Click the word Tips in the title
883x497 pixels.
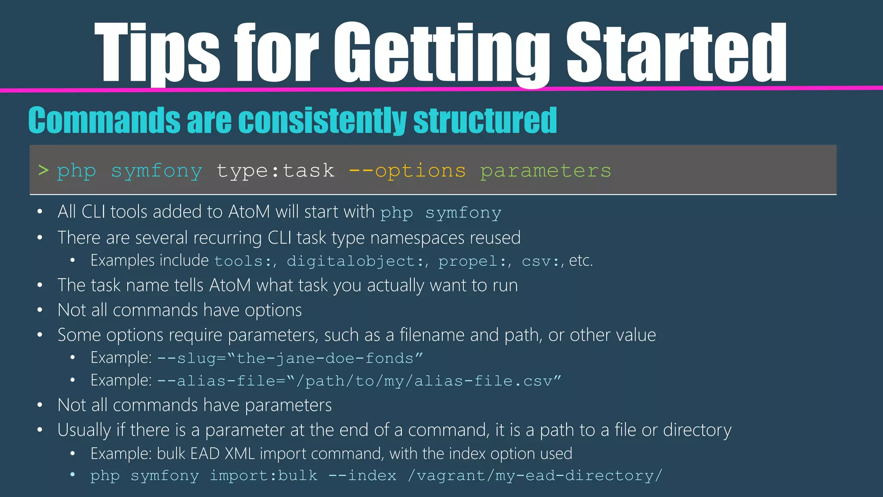click(157, 53)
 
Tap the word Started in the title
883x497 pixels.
click(676, 53)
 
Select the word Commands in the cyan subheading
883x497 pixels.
click(104, 120)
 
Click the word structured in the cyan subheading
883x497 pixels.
click(485, 120)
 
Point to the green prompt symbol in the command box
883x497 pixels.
click(43, 170)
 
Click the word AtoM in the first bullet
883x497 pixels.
click(250, 212)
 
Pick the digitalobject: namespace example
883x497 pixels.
click(356, 261)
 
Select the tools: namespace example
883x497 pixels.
click(244, 261)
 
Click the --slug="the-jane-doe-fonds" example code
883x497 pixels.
click(290, 358)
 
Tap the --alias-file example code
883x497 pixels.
click(359, 381)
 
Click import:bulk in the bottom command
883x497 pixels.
click(263, 475)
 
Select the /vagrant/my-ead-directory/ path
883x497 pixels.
click(535, 475)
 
